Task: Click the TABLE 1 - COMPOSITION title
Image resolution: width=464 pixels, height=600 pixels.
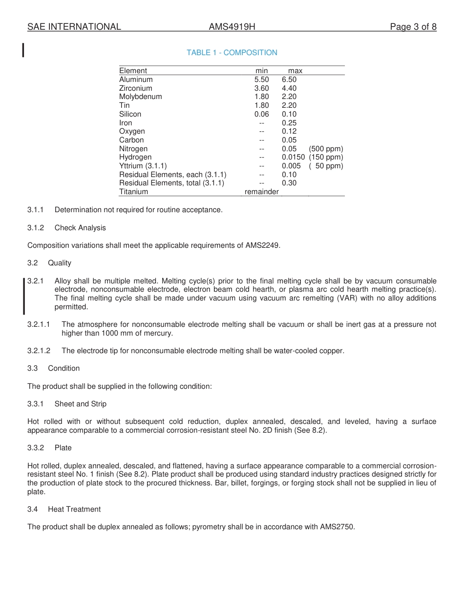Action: tap(232, 53)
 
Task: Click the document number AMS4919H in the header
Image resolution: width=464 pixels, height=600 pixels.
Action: tap(232, 27)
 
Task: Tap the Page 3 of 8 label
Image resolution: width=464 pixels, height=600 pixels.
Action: tap(413, 27)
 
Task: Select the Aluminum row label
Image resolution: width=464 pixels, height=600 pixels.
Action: tap(136, 80)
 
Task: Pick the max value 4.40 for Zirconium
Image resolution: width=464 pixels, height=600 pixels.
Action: tap(289, 88)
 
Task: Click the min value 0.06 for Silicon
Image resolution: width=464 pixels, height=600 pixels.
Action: tap(261, 114)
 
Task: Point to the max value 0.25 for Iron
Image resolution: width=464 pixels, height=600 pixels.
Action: tap(289, 123)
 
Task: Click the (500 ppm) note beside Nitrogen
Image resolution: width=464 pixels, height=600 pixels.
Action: tap(326, 149)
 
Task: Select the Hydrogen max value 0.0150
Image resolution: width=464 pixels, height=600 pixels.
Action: tap(293, 157)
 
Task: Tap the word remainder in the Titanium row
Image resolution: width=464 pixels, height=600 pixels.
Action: tap(261, 192)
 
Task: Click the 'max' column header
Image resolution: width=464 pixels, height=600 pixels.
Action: tap(295, 71)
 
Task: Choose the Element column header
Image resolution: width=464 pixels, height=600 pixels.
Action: tap(133, 71)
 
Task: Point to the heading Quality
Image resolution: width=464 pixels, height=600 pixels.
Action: tap(60, 263)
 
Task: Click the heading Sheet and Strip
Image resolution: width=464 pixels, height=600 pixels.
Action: tap(81, 404)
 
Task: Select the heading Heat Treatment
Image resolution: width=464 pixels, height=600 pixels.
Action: tap(74, 509)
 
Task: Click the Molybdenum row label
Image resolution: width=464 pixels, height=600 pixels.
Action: tap(141, 97)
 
